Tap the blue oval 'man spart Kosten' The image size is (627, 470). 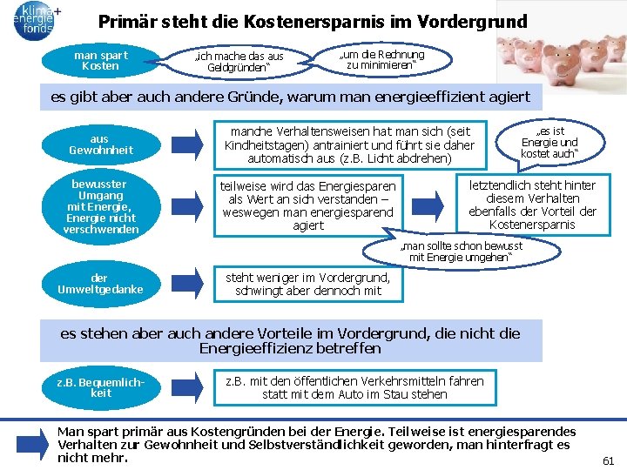coord(101,61)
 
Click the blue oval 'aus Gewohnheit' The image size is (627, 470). coord(101,144)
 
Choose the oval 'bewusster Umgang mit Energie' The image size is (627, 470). coord(101,207)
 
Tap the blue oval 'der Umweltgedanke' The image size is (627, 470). coord(101,284)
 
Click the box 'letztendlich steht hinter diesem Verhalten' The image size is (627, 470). coord(532,205)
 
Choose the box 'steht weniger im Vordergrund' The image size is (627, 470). coord(308,285)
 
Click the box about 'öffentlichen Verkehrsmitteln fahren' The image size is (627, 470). coord(354,388)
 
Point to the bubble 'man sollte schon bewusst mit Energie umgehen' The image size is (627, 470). coord(462,252)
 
